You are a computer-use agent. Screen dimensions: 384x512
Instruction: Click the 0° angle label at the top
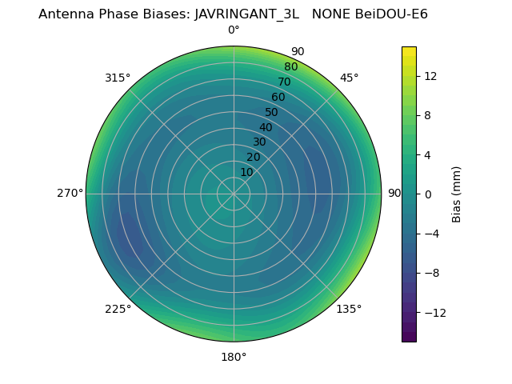pyautogui.click(x=234, y=30)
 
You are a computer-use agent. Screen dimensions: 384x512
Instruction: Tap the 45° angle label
pyautogui.click(x=349, y=78)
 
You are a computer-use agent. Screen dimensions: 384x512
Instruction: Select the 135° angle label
pyautogui.click(x=349, y=309)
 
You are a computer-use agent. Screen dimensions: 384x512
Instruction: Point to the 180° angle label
pyautogui.click(x=234, y=357)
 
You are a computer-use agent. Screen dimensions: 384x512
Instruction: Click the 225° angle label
pyautogui.click(x=118, y=309)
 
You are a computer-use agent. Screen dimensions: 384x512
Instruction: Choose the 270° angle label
pyautogui.click(x=70, y=194)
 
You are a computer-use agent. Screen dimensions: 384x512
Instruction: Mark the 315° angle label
pyautogui.click(x=118, y=78)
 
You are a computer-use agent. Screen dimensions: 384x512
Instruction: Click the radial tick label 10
pyautogui.click(x=246, y=172)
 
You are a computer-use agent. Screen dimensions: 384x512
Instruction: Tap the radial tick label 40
pyautogui.click(x=266, y=127)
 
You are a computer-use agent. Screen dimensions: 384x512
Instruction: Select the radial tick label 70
pyautogui.click(x=284, y=82)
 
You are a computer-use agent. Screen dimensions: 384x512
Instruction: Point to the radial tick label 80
pyautogui.click(x=290, y=66)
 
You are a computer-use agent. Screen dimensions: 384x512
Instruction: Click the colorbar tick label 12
pyautogui.click(x=430, y=76)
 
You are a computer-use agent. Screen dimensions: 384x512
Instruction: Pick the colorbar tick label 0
pyautogui.click(x=428, y=194)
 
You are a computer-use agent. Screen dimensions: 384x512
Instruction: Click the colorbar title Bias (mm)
pyautogui.click(x=457, y=194)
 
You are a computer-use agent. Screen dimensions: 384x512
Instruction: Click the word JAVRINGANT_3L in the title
pyautogui.click(x=246, y=14)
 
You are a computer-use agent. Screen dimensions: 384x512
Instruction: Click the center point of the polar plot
pyautogui.click(x=234, y=194)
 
